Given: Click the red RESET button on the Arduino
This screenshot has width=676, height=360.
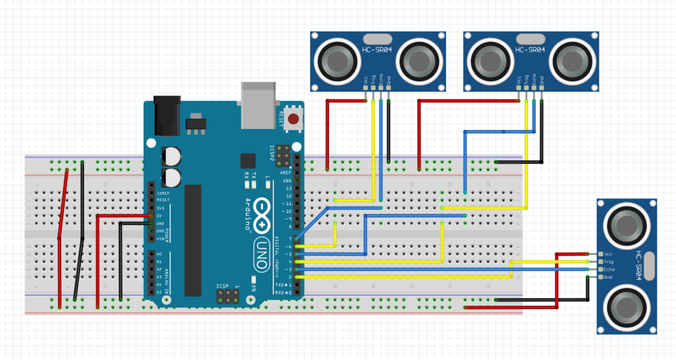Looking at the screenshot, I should [x=293, y=119].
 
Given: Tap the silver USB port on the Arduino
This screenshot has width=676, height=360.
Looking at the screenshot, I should [x=259, y=104].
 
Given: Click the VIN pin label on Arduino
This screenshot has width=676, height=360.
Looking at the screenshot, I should [x=161, y=239].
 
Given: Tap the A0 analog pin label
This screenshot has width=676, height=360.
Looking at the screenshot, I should [x=159, y=254].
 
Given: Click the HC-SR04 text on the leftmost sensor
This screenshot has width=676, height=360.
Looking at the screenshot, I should [x=374, y=51].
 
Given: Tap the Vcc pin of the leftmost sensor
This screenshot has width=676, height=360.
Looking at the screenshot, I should [x=366, y=87].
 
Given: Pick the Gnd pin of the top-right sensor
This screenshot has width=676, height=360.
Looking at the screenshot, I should [x=541, y=87].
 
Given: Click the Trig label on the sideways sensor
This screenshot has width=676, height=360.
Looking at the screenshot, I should [x=608, y=262].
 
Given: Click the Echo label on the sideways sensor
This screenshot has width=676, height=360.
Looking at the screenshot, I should [x=609, y=269].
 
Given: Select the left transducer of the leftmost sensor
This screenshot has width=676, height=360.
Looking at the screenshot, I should [x=337, y=59].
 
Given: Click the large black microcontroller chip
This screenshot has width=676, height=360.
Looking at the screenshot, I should [x=193, y=240].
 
